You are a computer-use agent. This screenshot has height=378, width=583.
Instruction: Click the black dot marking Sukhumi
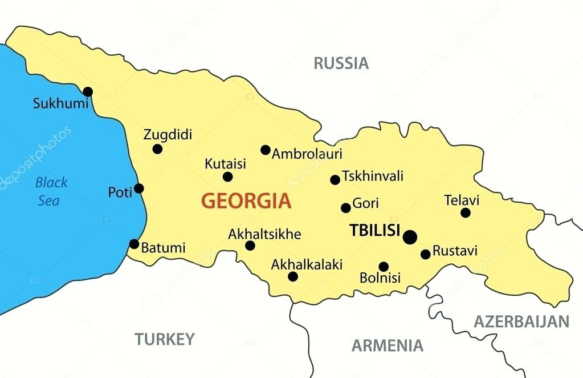(x=88, y=91)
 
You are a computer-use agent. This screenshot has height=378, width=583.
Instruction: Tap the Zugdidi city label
(x=168, y=135)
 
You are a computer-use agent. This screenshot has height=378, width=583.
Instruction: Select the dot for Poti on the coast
(x=139, y=188)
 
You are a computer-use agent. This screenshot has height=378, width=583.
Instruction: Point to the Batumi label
(x=163, y=248)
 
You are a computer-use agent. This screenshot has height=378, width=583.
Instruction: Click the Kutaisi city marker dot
(x=227, y=177)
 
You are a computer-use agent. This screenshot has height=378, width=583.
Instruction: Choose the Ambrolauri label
(x=307, y=154)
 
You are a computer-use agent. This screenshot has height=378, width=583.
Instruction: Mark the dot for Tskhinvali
(x=335, y=180)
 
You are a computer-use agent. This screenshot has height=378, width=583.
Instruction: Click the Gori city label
(x=365, y=203)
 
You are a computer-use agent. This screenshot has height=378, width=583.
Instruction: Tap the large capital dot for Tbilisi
(x=410, y=237)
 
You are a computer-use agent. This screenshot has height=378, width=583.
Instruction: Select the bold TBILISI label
(x=374, y=230)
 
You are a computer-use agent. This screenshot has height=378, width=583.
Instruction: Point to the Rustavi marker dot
(x=426, y=254)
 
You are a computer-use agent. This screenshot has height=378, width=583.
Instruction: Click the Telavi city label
(x=462, y=200)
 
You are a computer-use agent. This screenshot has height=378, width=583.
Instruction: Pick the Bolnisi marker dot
(x=384, y=267)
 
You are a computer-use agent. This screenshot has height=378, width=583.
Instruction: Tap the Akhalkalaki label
(x=307, y=264)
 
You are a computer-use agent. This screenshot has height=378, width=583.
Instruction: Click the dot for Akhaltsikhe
(x=250, y=246)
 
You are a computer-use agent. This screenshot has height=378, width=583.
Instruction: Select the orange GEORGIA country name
(x=246, y=201)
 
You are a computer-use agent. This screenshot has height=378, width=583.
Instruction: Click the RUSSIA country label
(x=341, y=63)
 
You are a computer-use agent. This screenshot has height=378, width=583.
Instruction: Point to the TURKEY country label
(x=164, y=339)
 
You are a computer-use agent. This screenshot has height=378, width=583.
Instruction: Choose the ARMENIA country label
(x=387, y=345)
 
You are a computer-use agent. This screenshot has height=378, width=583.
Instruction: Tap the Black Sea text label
(x=51, y=191)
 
